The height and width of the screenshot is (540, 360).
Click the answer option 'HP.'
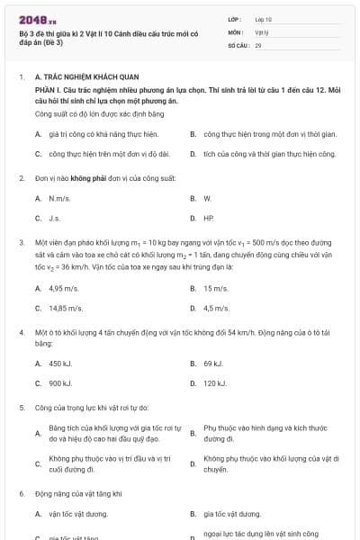[x=209, y=218]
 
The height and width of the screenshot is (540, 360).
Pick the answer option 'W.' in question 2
[x=207, y=198]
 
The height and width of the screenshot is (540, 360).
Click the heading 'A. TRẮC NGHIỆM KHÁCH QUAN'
[x=85, y=77]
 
